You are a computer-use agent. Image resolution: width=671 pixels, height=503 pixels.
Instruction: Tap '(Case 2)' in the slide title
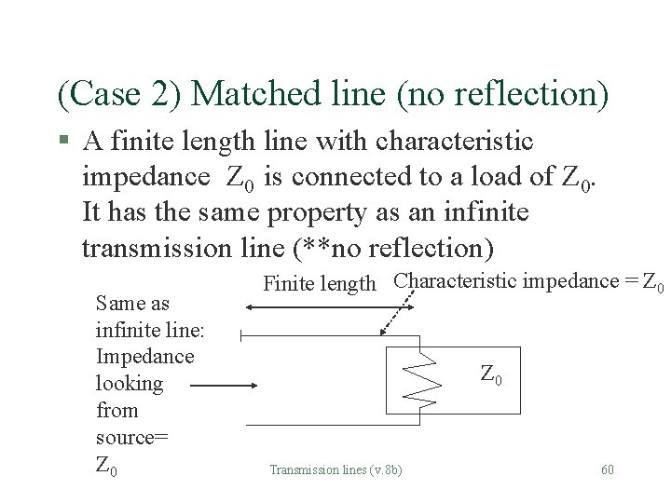pos(120,93)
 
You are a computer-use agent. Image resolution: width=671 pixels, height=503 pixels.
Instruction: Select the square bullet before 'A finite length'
pos(63,142)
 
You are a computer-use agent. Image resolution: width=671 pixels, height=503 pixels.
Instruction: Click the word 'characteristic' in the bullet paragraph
pos(454,142)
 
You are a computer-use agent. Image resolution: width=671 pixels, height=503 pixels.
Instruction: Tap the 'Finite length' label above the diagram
pos(320,283)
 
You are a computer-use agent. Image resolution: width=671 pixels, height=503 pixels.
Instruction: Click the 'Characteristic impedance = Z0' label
pos(528,281)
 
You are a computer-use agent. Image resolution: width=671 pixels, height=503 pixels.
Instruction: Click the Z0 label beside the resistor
pos(492,375)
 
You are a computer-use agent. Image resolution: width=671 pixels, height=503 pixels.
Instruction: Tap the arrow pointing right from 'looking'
pos(228,383)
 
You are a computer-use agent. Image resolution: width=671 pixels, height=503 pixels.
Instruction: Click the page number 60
pos(608,469)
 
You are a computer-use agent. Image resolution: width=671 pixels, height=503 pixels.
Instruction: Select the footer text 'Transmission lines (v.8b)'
pos(335,469)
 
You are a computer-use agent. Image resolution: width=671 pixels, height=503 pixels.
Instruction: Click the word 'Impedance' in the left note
pos(144,356)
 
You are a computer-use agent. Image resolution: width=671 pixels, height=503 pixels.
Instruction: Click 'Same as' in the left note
pos(133,303)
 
